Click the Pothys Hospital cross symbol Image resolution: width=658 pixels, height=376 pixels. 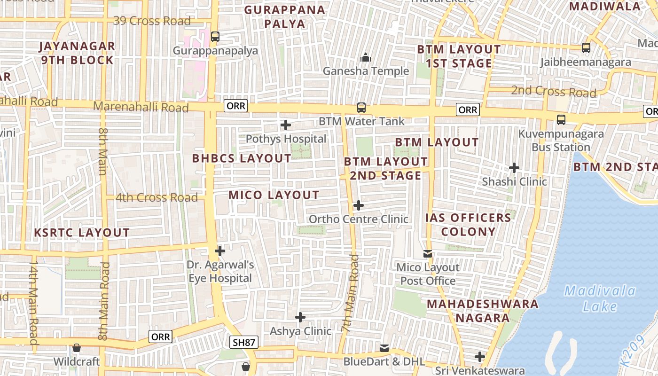tap(285, 125)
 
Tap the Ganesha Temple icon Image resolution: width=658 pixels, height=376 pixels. tap(366, 58)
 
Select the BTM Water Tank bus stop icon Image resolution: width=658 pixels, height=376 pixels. tap(361, 107)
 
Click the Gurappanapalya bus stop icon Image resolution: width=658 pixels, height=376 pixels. tap(215, 37)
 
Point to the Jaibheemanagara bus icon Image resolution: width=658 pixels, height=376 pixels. tap(586, 48)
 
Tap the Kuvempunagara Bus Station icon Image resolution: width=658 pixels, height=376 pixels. tap(561, 119)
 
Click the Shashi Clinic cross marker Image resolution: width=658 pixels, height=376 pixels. tap(514, 168)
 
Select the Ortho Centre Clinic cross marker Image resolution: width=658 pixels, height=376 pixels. tap(358, 205)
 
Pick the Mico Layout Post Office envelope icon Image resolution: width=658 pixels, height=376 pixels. tap(428, 254)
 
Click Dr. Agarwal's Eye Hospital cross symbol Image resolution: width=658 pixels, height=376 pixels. tap(219, 251)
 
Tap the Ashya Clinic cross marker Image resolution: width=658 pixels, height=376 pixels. tap(300, 317)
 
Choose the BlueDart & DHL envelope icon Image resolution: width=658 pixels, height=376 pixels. tap(384, 348)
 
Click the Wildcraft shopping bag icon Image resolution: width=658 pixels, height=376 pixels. tap(76, 348)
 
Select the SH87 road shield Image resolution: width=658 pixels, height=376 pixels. tap(244, 342)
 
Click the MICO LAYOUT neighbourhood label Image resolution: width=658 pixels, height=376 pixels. tap(274, 195)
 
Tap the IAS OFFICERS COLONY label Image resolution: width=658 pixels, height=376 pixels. tap(468, 224)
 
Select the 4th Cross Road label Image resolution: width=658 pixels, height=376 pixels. tap(157, 198)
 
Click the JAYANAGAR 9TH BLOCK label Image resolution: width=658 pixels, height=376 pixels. tap(78, 53)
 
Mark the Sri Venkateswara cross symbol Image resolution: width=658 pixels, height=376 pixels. tap(479, 357)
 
